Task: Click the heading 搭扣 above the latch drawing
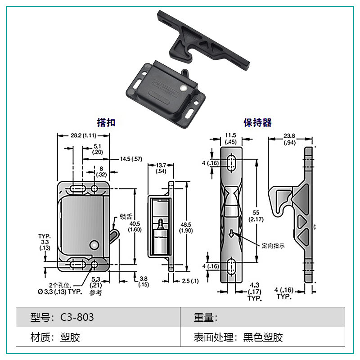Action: click(x=106, y=123)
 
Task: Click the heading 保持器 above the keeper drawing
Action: click(x=257, y=123)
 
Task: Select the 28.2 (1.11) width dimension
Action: click(x=82, y=135)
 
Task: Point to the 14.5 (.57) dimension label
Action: click(x=131, y=158)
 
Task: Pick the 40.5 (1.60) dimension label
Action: click(x=135, y=226)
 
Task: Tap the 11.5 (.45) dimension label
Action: click(x=230, y=138)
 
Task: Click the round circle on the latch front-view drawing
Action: click(x=94, y=245)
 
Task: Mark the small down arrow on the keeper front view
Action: click(x=231, y=234)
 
